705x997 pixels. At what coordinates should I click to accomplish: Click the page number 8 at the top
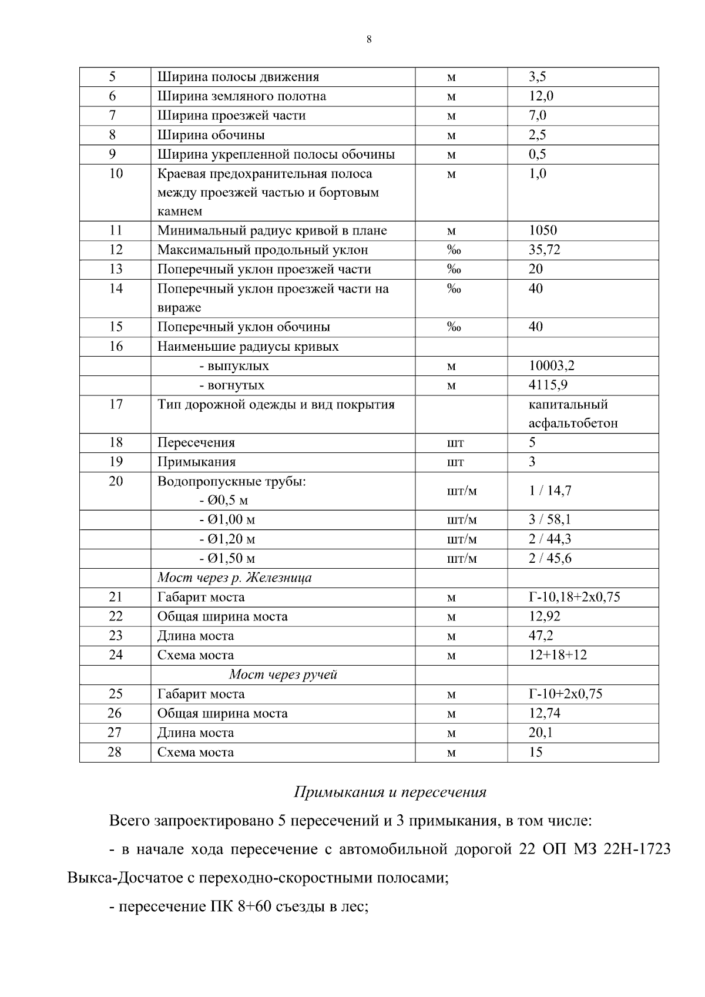[x=368, y=40]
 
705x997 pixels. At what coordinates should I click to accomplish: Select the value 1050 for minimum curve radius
[x=542, y=230]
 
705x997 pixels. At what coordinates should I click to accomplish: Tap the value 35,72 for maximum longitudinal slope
[x=544, y=250]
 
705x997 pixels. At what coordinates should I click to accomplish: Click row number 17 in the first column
[x=116, y=405]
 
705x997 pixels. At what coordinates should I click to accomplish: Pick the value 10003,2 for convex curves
[x=551, y=365]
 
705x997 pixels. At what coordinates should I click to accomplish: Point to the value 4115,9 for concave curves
[x=548, y=385]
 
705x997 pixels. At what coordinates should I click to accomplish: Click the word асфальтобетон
[x=573, y=424]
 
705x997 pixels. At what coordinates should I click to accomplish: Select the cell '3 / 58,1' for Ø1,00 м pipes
[x=549, y=519]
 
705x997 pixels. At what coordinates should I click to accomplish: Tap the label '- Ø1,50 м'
[x=227, y=558]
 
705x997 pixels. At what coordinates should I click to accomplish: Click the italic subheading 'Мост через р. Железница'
[x=234, y=578]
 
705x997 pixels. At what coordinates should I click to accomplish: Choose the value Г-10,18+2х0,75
[x=574, y=597]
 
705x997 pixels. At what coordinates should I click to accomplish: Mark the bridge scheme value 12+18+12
[x=557, y=654]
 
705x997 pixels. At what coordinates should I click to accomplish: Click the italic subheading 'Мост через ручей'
[x=283, y=674]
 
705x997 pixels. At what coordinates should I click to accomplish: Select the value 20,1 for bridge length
[x=540, y=733]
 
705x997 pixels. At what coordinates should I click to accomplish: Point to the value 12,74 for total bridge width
[x=544, y=713]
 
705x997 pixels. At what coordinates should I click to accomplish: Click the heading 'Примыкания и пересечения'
[x=390, y=792]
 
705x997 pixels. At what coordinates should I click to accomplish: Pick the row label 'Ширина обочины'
[x=211, y=135]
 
